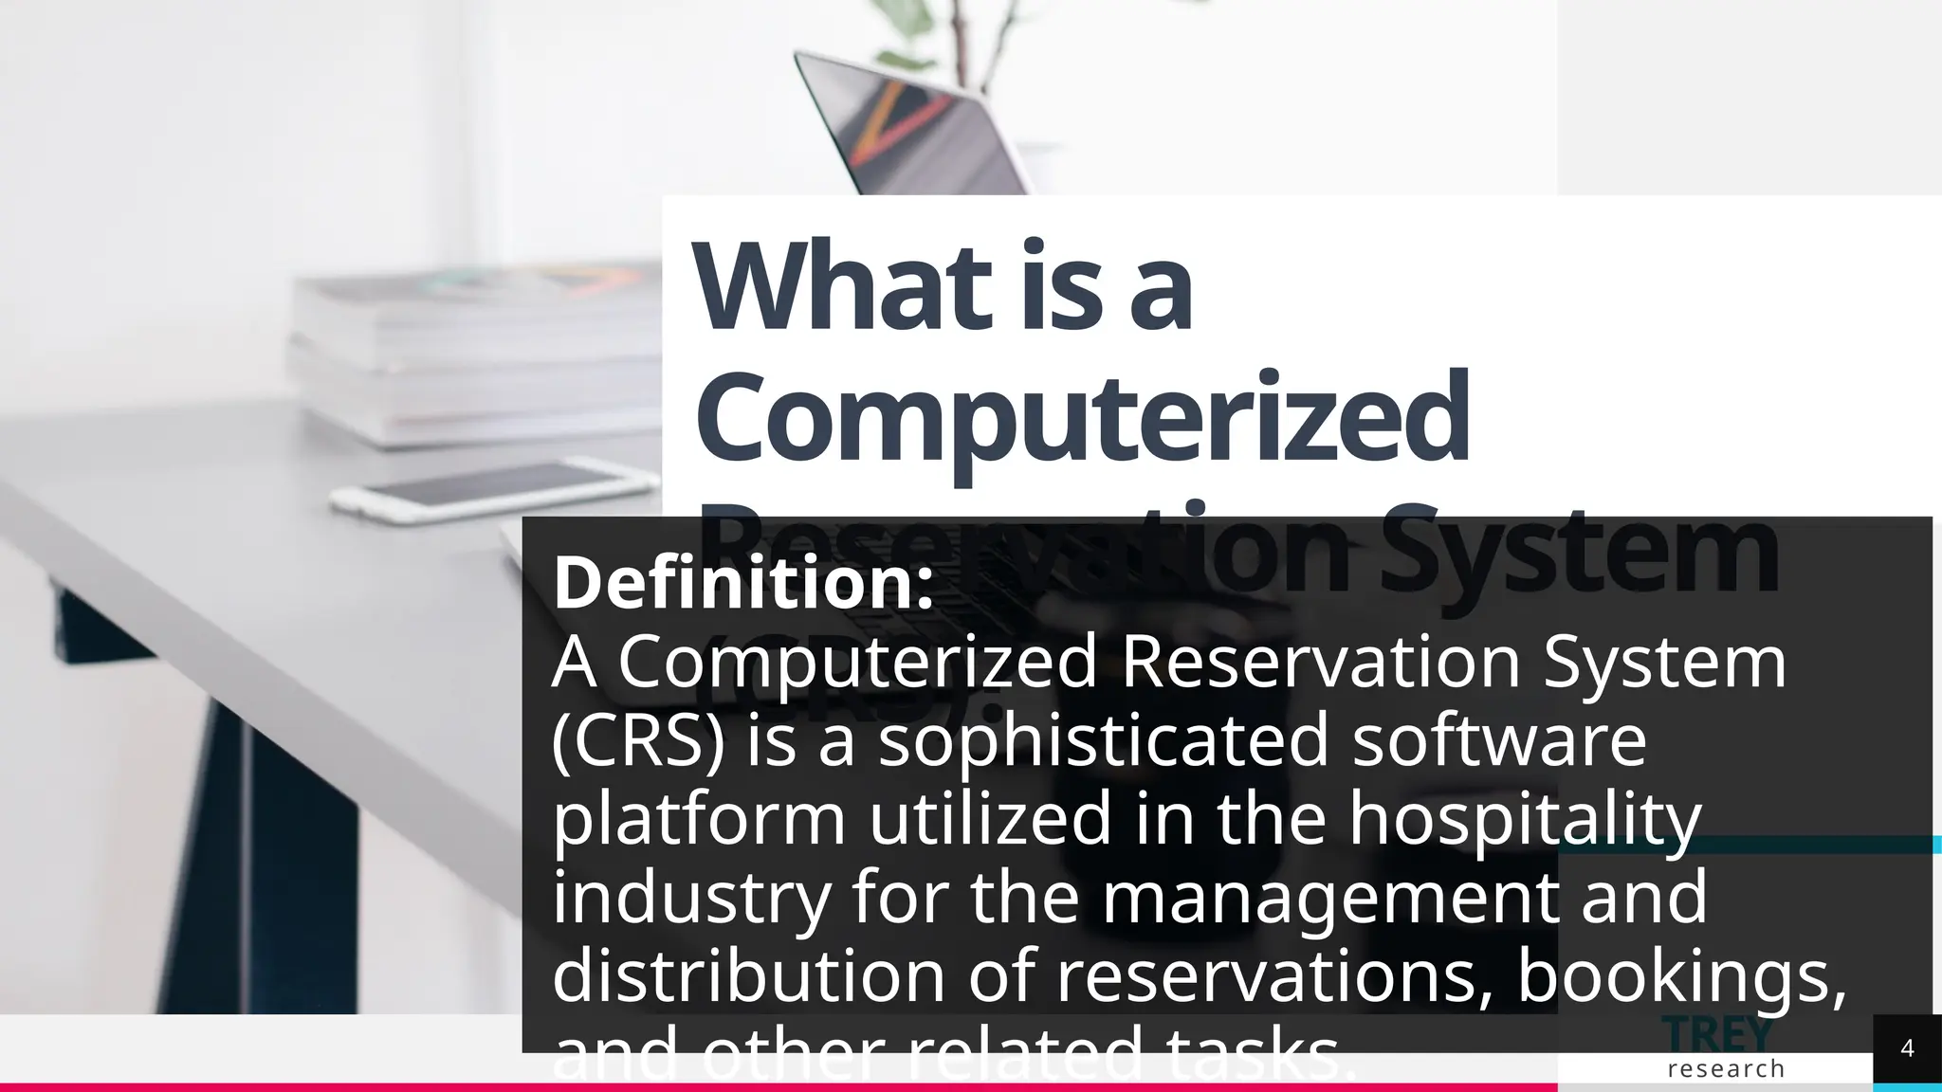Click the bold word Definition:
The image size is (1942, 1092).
743,583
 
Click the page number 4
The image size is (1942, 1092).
1907,1048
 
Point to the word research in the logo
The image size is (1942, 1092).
1726,1069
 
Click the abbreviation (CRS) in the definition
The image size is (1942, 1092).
637,740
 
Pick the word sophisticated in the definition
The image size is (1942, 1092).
1104,740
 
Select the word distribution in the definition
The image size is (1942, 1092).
748,976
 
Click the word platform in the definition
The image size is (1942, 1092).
698,819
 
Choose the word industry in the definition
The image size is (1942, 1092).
691,898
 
